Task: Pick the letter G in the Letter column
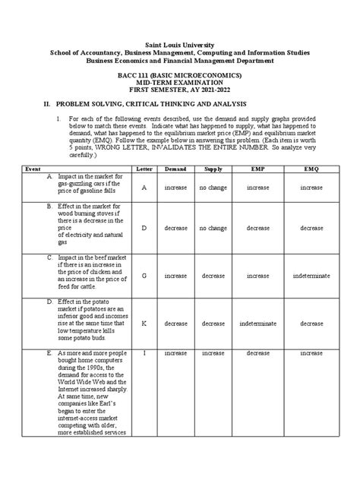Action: point(144,277)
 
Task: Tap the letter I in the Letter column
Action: point(144,353)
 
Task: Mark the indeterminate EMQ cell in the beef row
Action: point(311,277)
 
